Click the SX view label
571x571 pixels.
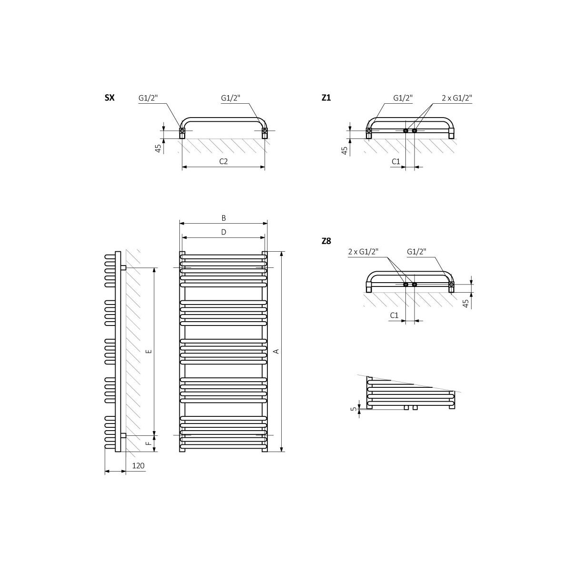pos(109,98)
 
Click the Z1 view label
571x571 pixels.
pos(326,98)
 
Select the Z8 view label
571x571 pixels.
pos(326,241)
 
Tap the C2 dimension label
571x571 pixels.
pos(224,161)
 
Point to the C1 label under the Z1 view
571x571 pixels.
pos(396,161)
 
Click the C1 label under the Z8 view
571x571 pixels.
pos(394,315)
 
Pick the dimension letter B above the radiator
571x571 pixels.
pos(224,218)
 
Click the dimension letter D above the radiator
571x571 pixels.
pos(224,232)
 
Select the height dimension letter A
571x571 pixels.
pos(276,351)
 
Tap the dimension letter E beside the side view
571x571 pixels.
pos(149,351)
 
